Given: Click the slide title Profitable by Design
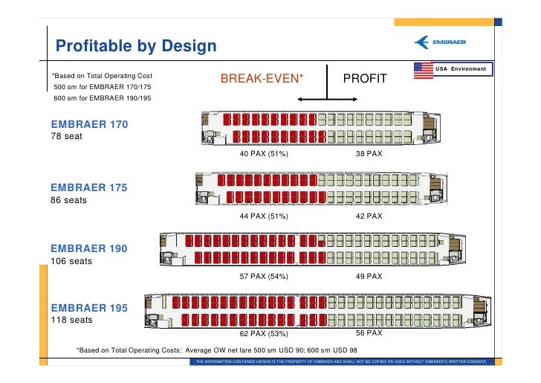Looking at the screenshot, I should (136, 46).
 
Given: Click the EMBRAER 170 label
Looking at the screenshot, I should (88, 124).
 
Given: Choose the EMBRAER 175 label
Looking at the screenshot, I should (88, 187).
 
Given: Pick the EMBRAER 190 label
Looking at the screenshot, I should (88, 248).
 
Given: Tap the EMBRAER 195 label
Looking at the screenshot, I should (88, 307).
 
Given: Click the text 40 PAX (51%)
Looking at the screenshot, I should (263, 154).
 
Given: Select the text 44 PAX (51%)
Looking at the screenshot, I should (263, 216).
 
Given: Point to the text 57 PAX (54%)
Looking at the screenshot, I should (263, 277).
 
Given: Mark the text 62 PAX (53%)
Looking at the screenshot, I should (263, 334).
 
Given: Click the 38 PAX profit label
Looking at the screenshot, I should (369, 154).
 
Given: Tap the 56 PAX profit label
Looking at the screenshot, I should (369, 333).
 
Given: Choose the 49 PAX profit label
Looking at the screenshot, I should (369, 277).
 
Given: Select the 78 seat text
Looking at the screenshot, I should (66, 138).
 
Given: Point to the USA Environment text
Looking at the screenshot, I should (461, 69).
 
